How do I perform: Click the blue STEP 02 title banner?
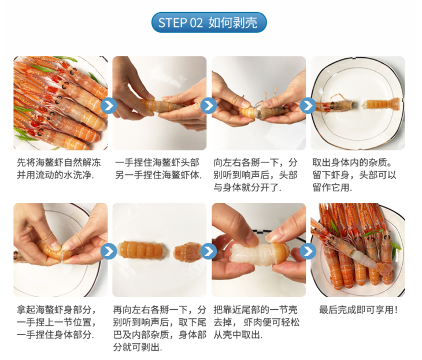point(209,23)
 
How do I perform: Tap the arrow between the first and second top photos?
point(109,106)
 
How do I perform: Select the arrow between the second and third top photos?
point(208,106)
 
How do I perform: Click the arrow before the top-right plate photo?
point(308,106)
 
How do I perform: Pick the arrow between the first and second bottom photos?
point(109,251)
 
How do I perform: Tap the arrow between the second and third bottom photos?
point(208,251)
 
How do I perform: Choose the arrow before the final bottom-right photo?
point(308,251)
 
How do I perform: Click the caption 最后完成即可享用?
point(358,310)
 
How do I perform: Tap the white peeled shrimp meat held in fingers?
point(249,254)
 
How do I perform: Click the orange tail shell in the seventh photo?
point(280,253)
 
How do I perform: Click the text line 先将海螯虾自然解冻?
point(58,162)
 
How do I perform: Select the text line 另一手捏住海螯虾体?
point(158,175)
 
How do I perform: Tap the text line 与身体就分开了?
point(247,188)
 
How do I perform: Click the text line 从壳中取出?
point(238,335)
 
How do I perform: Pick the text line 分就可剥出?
point(138,347)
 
